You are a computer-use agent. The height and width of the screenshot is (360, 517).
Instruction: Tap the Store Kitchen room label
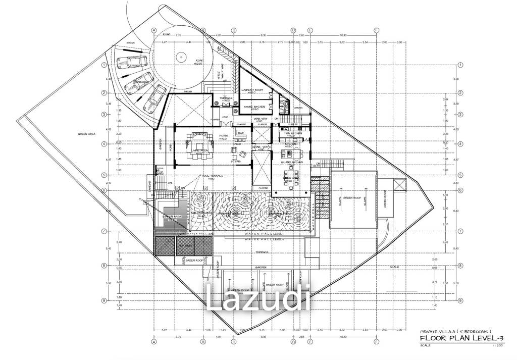click(x=255, y=107)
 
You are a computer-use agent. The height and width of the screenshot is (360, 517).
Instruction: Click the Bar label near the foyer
click(x=241, y=133)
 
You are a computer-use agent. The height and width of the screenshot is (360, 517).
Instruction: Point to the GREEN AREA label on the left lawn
click(x=87, y=134)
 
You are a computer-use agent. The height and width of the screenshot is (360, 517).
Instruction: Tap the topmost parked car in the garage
click(x=131, y=63)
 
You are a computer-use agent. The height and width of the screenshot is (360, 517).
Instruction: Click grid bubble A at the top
click(x=154, y=30)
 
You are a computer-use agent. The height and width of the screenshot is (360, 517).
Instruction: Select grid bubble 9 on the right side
click(x=460, y=300)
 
